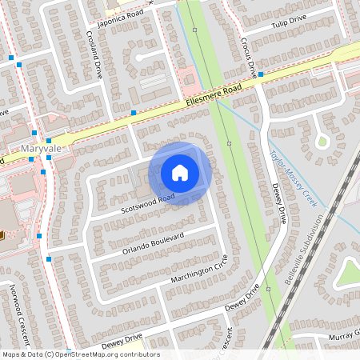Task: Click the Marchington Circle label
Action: pyautogui.click(x=199, y=270)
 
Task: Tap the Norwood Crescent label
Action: pyautogui.click(x=22, y=301)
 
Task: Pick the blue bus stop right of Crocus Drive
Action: pyautogui.click(x=261, y=74)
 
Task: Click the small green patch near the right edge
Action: pyautogui.click(x=322, y=142)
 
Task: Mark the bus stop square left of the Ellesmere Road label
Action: pyautogui.click(x=134, y=113)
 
